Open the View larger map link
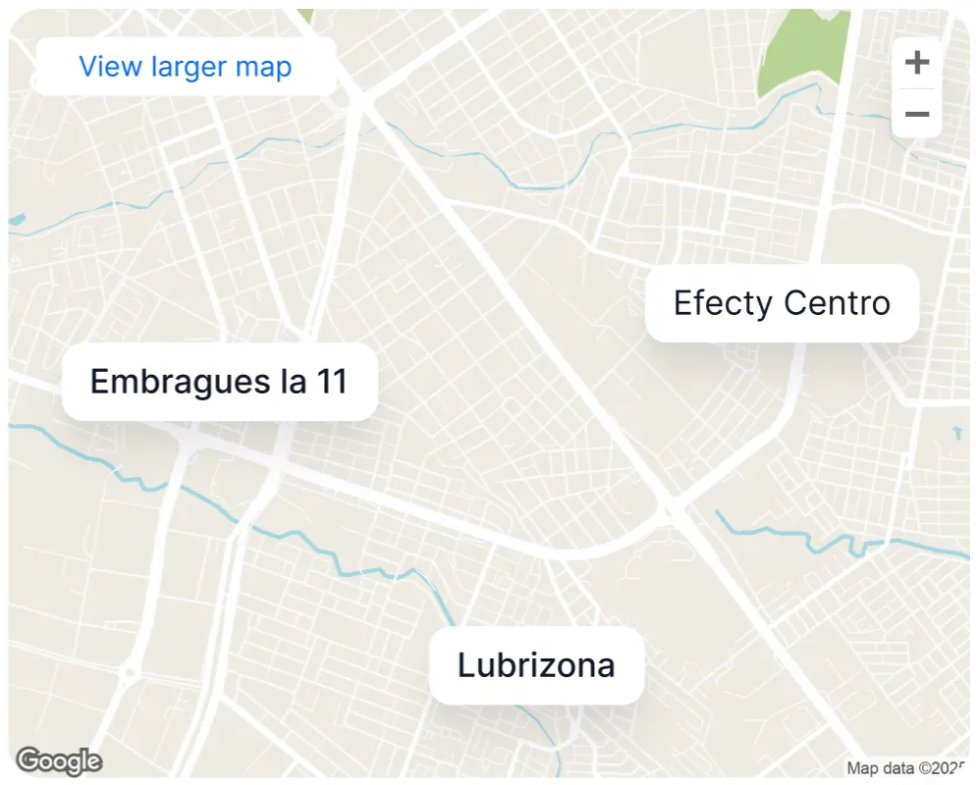pyautogui.click(x=186, y=67)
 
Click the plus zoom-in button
pyautogui.click(x=916, y=63)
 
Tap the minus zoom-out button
pyautogui.click(x=916, y=114)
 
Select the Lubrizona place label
pyautogui.click(x=536, y=665)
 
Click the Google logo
pyautogui.click(x=59, y=760)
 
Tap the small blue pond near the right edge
pyautogui.click(x=956, y=432)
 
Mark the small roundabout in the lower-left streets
pyautogui.click(x=128, y=672)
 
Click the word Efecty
pyautogui.click(x=723, y=303)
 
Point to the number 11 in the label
pyautogui.click(x=331, y=381)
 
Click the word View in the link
pyautogui.click(x=111, y=67)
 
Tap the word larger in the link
pyautogui.click(x=190, y=67)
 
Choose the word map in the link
pyautogui.click(x=263, y=67)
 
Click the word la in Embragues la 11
pyautogui.click(x=293, y=381)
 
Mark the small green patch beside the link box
pyautogui.click(x=306, y=16)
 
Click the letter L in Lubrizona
pyautogui.click(x=465, y=665)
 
